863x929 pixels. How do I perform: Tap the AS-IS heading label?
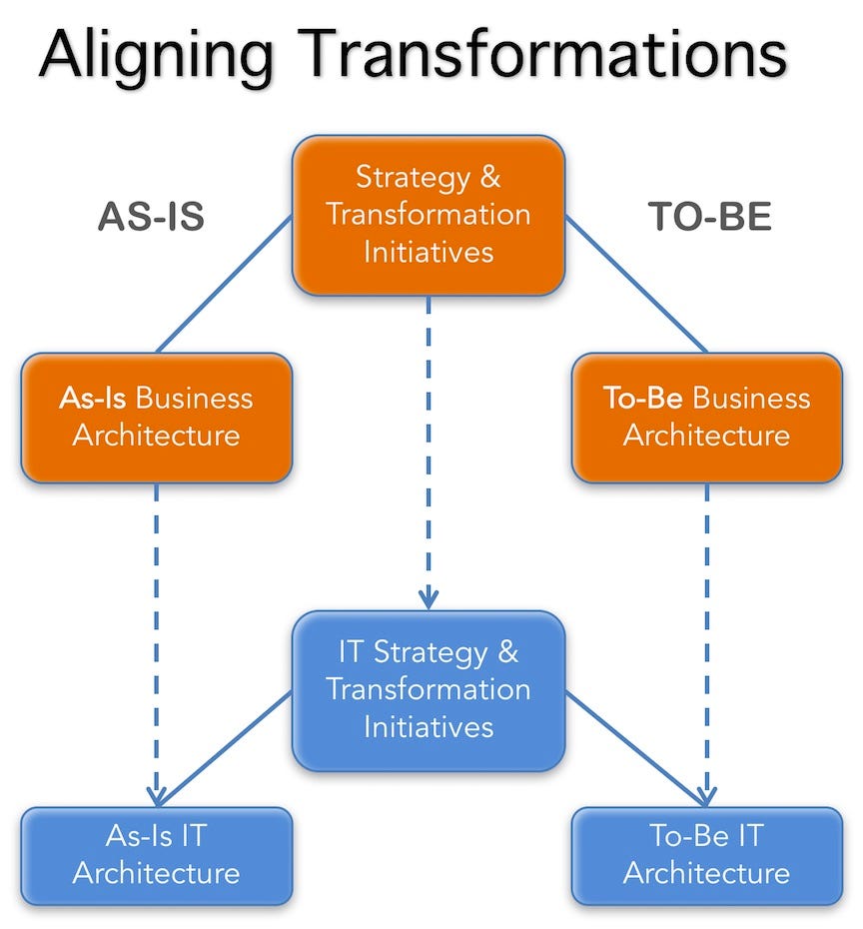click(x=151, y=216)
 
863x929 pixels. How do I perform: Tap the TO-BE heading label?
click(x=709, y=216)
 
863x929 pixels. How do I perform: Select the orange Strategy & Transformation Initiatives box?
click(x=429, y=215)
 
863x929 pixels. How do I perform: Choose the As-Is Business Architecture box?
click(x=157, y=418)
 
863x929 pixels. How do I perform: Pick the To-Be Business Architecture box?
click(x=706, y=418)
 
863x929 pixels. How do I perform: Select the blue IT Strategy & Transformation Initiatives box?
click(x=429, y=691)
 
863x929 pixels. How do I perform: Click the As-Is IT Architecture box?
click(x=157, y=855)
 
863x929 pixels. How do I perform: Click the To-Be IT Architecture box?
click(x=706, y=855)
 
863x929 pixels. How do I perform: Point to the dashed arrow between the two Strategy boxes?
click(x=429, y=453)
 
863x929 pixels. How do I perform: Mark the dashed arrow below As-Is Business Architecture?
click(x=157, y=644)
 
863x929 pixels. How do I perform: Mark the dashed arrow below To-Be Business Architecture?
click(x=706, y=644)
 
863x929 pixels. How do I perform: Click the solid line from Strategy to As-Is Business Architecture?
click(x=225, y=285)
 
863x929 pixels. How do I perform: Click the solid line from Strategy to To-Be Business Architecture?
click(x=636, y=285)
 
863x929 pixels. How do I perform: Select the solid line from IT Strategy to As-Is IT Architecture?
click(x=225, y=748)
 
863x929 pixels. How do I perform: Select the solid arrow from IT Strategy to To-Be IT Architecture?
click(x=636, y=748)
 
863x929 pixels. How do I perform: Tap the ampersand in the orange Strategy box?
click(x=489, y=177)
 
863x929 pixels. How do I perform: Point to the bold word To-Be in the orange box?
click(x=642, y=398)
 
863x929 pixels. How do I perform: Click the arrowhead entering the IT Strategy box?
click(x=429, y=599)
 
